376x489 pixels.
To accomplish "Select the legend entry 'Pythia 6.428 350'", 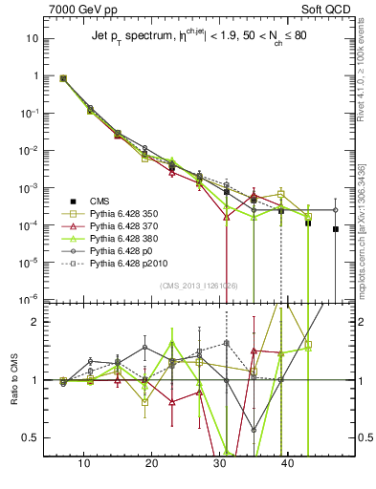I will click(x=123, y=214).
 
